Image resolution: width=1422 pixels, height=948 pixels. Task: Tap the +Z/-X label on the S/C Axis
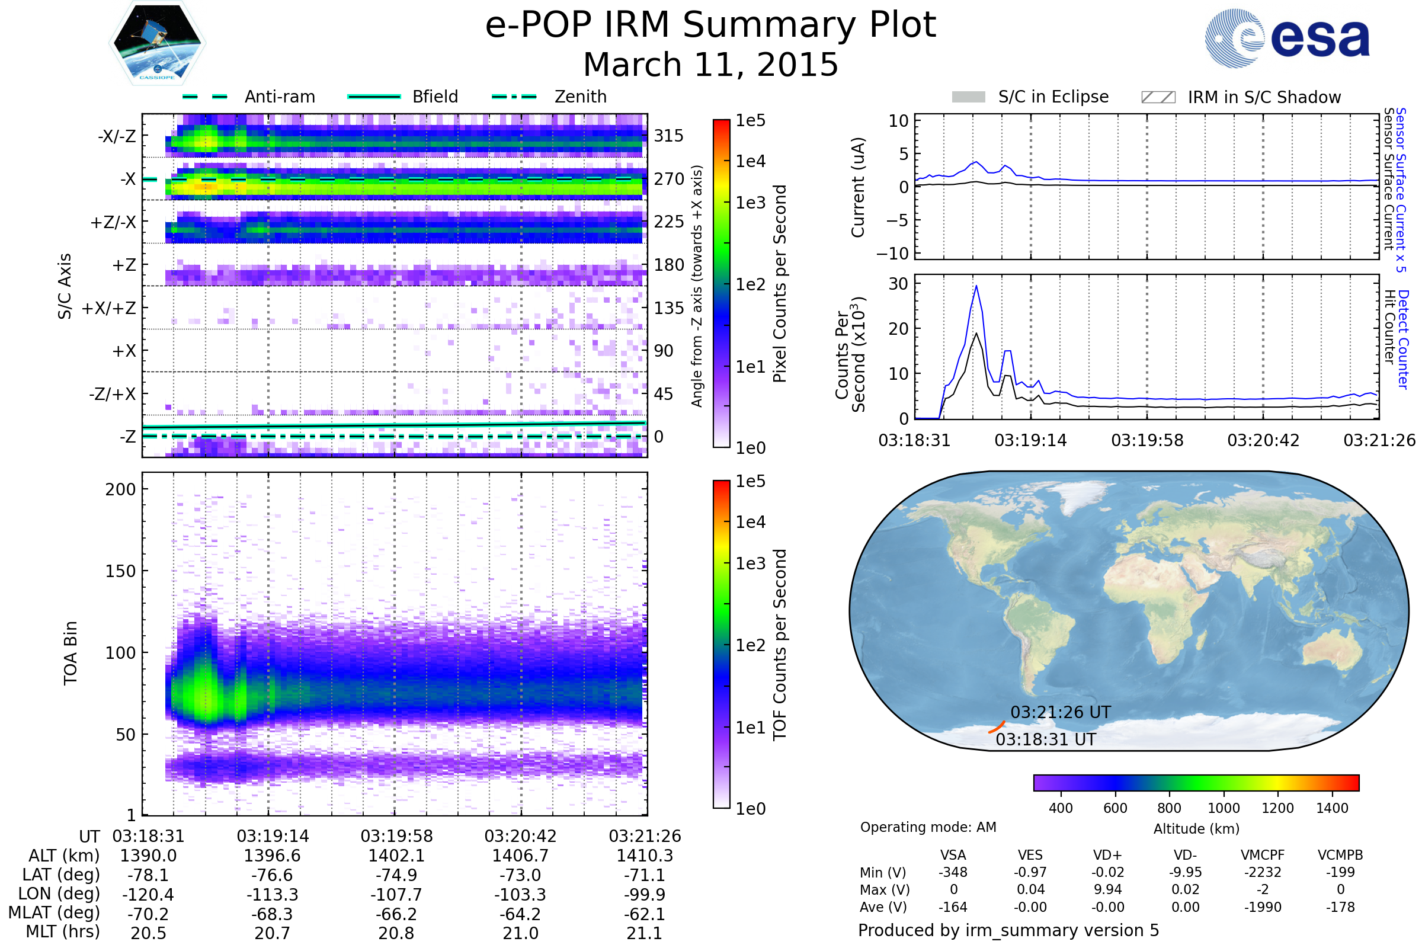113,223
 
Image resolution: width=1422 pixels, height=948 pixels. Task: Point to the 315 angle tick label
669,136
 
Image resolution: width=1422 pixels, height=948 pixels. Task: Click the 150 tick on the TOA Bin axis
120,571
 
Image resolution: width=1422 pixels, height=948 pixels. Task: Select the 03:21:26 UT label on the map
1061,712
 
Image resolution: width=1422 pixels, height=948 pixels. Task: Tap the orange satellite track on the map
997,728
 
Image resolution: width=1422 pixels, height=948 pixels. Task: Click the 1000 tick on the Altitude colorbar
1224,808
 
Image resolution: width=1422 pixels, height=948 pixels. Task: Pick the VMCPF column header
1263,855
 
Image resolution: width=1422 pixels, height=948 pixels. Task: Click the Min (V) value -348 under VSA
953,872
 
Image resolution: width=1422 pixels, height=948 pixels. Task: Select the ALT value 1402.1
396,856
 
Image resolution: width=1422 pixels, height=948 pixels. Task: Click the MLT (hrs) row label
62,931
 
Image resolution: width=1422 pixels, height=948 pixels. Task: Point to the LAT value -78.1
148,875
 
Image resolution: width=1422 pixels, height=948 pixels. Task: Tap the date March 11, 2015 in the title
710,65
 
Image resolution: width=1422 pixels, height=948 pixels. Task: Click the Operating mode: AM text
928,827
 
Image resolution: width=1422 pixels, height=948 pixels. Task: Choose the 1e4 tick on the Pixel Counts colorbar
750,161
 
